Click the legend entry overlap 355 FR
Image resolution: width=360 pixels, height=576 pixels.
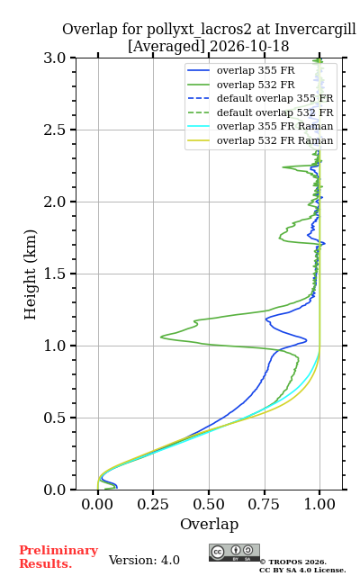pos(241,70)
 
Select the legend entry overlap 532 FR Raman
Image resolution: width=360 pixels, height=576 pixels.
pos(260,140)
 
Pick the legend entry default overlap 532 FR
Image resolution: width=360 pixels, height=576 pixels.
pos(260,112)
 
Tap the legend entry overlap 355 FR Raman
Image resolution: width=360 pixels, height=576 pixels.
pos(260,126)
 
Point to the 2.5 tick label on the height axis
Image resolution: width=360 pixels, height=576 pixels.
pos(54,130)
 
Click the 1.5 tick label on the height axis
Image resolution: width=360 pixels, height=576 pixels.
pos(54,274)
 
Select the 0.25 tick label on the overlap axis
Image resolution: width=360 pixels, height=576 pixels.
pos(153,504)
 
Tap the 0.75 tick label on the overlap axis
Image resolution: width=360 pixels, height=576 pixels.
pos(264,504)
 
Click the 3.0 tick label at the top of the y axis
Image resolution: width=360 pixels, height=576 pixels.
pos(54,58)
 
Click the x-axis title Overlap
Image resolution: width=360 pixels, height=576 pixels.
pos(209,524)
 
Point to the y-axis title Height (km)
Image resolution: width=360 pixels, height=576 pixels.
pos(30,274)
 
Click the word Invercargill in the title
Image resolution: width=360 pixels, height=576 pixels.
pos(315,30)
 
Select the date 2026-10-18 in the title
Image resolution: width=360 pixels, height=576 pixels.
pos(249,46)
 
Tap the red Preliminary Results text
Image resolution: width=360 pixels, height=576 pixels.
pos(58,557)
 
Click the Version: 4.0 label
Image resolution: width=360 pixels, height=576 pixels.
pos(144,560)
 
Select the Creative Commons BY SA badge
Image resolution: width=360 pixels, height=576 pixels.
pos(234,553)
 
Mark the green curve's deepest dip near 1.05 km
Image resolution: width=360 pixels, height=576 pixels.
pos(161,336)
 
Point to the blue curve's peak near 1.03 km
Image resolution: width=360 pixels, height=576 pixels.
pos(306,341)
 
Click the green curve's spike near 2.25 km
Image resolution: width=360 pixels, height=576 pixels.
pos(283,167)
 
